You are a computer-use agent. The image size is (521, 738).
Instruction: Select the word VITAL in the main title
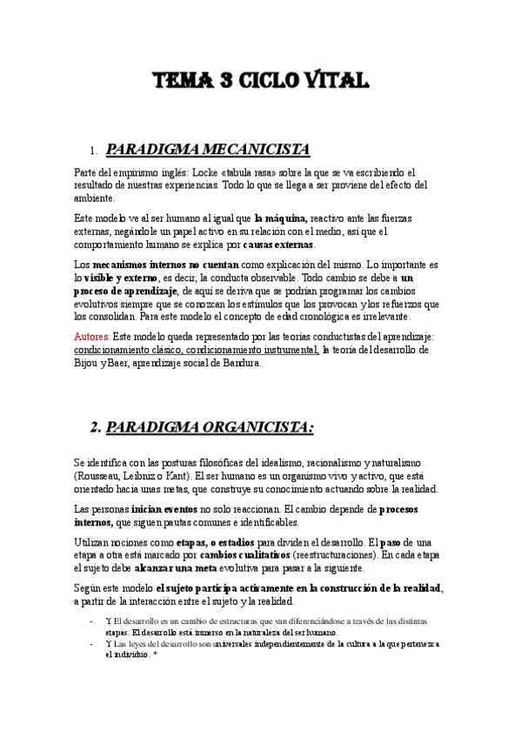tap(335, 81)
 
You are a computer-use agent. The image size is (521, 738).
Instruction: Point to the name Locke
tap(204, 172)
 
